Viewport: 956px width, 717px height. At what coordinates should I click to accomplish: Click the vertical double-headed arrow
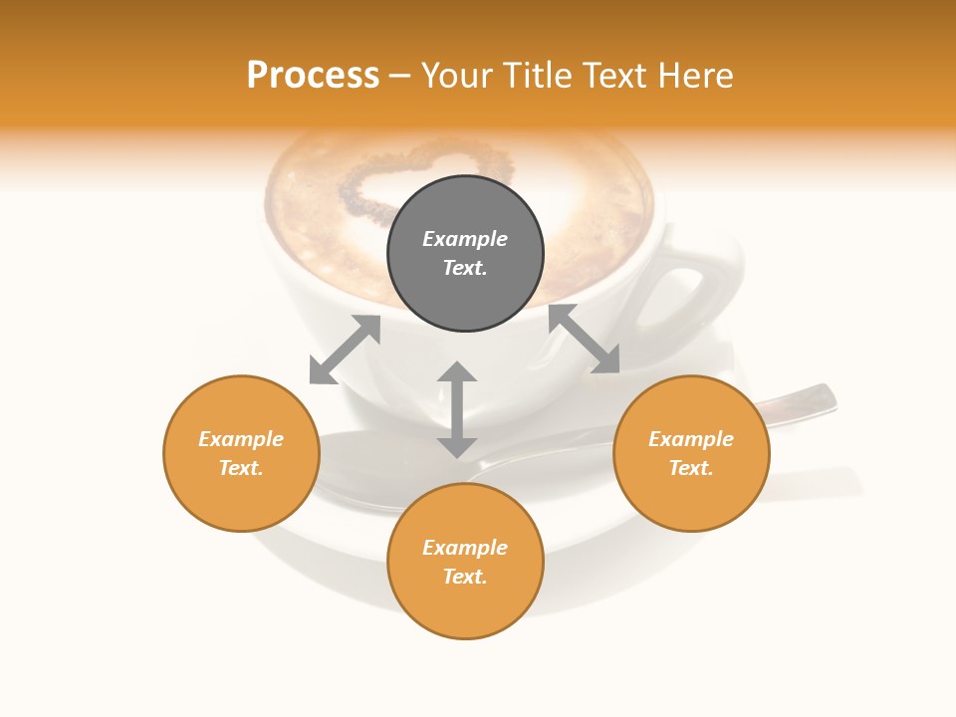(x=457, y=409)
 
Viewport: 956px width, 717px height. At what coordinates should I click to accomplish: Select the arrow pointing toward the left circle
(x=345, y=350)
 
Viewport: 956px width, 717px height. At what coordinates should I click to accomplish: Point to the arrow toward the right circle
(x=584, y=340)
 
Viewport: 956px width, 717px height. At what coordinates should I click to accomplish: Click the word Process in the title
(x=313, y=76)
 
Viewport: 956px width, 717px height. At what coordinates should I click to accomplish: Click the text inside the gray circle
(x=465, y=253)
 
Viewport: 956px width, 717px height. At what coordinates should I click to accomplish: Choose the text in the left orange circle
(x=241, y=453)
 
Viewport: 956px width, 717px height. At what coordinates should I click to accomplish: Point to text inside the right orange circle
(x=691, y=453)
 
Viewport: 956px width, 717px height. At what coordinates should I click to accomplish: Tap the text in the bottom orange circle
(x=465, y=562)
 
